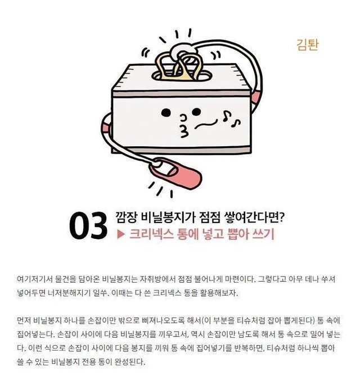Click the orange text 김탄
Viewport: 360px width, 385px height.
[308, 45]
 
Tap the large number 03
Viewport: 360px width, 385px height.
[88, 225]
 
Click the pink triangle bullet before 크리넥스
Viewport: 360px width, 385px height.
[120, 234]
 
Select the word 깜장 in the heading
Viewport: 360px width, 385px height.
[126, 218]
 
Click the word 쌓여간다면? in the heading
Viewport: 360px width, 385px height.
[255, 218]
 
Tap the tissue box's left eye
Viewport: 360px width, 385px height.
[166, 113]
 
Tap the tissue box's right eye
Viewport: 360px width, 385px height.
[196, 112]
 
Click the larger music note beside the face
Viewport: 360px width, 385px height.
[226, 115]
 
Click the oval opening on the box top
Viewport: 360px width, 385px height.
[181, 75]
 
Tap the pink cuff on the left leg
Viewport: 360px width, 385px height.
[107, 128]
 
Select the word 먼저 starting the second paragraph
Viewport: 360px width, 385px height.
[23, 320]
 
